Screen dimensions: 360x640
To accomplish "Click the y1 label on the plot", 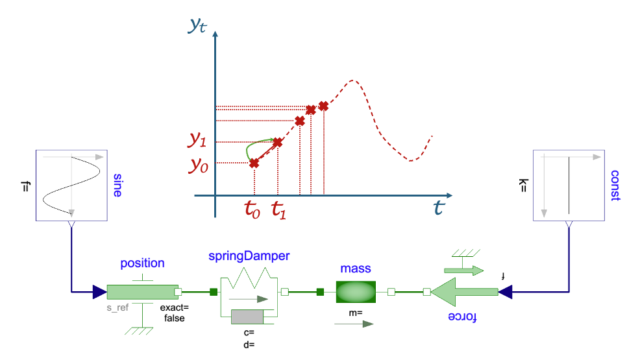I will [199, 139].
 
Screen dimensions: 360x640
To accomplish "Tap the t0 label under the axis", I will [252, 210].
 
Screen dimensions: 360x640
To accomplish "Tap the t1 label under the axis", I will [278, 210].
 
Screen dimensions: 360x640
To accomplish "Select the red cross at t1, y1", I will [277, 142].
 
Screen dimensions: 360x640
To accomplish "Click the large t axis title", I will [439, 208].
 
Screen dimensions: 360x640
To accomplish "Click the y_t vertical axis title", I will [198, 25].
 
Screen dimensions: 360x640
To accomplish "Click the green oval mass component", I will [356, 292].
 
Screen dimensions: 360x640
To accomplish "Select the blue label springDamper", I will [249, 256].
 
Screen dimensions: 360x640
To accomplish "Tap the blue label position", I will [142, 263].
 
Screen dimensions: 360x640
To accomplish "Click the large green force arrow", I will [465, 293].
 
